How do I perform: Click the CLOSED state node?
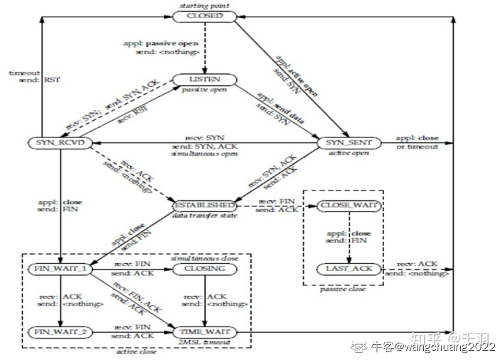205,15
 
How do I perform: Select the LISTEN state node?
204,80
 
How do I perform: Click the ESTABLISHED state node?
204,207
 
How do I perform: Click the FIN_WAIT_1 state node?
60,268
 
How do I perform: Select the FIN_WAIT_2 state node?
60,332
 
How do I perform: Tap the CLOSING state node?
204,268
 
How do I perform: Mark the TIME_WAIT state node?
204,332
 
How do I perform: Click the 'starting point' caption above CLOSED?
205,6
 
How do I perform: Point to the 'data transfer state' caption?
204,217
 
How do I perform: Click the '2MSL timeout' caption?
204,342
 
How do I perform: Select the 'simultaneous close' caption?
204,258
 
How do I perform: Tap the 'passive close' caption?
344,288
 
